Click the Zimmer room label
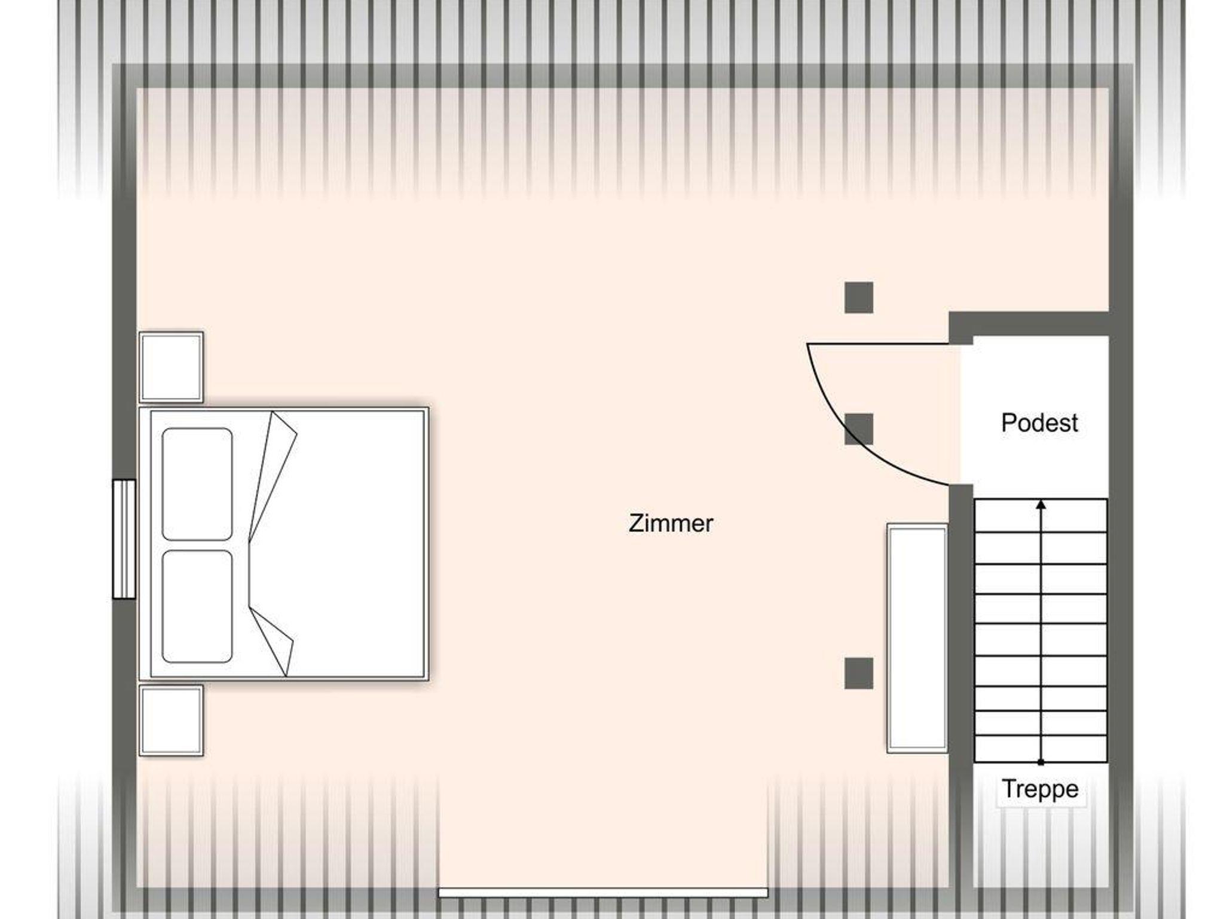[x=671, y=523]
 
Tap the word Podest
[x=1039, y=423]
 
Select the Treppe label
[x=1040, y=789]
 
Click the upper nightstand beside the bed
[x=171, y=367]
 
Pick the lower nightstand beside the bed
[x=171, y=720]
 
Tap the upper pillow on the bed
[x=197, y=484]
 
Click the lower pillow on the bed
[x=197, y=606]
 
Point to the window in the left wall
[x=124, y=538]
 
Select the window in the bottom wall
[x=603, y=892]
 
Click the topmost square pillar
[x=859, y=298]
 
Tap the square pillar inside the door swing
[x=859, y=429]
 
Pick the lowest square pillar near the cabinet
[x=859, y=673]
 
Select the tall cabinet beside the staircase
[x=917, y=638]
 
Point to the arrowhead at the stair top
[x=1041, y=504]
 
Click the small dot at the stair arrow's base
[x=1041, y=762]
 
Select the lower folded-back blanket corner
[x=272, y=642]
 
